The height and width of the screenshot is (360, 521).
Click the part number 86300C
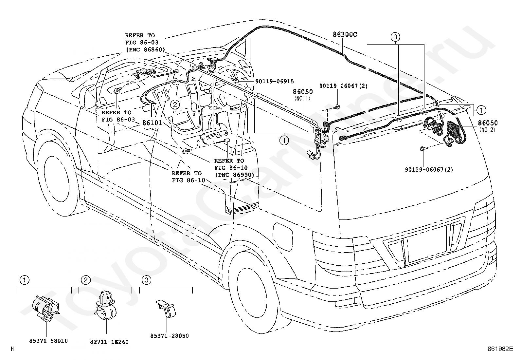point(345,34)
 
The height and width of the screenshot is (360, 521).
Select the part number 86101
point(152,123)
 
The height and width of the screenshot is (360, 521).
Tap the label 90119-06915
point(275,81)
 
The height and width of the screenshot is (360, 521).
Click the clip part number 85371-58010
point(48,341)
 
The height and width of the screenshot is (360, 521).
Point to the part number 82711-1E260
point(109,342)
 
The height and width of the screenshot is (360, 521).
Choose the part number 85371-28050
point(170,335)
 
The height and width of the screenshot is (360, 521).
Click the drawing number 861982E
point(500,349)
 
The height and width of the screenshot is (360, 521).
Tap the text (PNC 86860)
point(145,49)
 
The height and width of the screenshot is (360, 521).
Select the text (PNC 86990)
point(234,175)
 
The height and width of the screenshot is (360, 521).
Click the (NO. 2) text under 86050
point(487,130)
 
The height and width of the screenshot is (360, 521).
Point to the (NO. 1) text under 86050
point(302,99)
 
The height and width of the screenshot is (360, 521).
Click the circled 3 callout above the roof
point(395,37)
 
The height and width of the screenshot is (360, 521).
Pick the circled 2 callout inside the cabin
point(175,104)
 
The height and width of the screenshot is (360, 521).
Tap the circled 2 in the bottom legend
point(86,280)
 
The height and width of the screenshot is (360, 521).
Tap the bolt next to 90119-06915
point(235,81)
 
